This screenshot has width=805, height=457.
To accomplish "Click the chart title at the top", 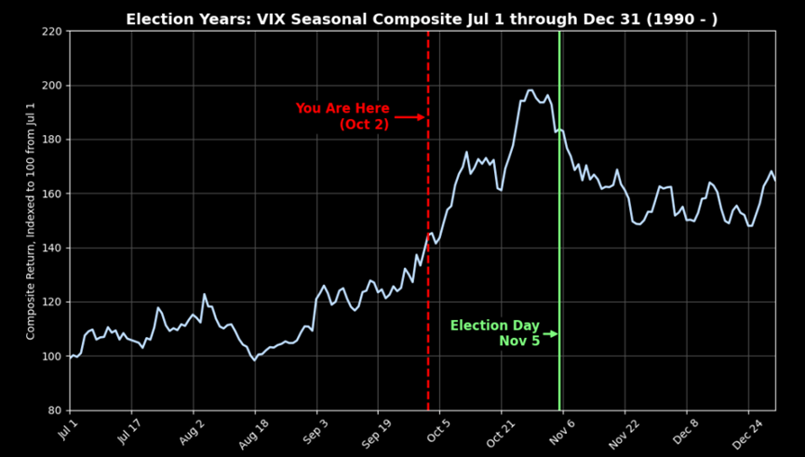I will (x=422, y=19).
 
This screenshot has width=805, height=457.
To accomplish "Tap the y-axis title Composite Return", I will (x=31, y=221).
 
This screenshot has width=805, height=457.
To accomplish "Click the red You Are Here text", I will (x=342, y=109).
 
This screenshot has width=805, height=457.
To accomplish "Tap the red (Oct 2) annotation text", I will (x=364, y=125).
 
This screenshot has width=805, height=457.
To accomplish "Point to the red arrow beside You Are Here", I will (x=409, y=117).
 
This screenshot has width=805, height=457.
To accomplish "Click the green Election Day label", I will (x=494, y=326).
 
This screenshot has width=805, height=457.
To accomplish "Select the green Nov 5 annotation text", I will (x=519, y=342).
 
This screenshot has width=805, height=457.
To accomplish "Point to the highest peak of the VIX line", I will (x=530, y=90).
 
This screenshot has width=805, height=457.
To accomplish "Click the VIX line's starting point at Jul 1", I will (x=70, y=356).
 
